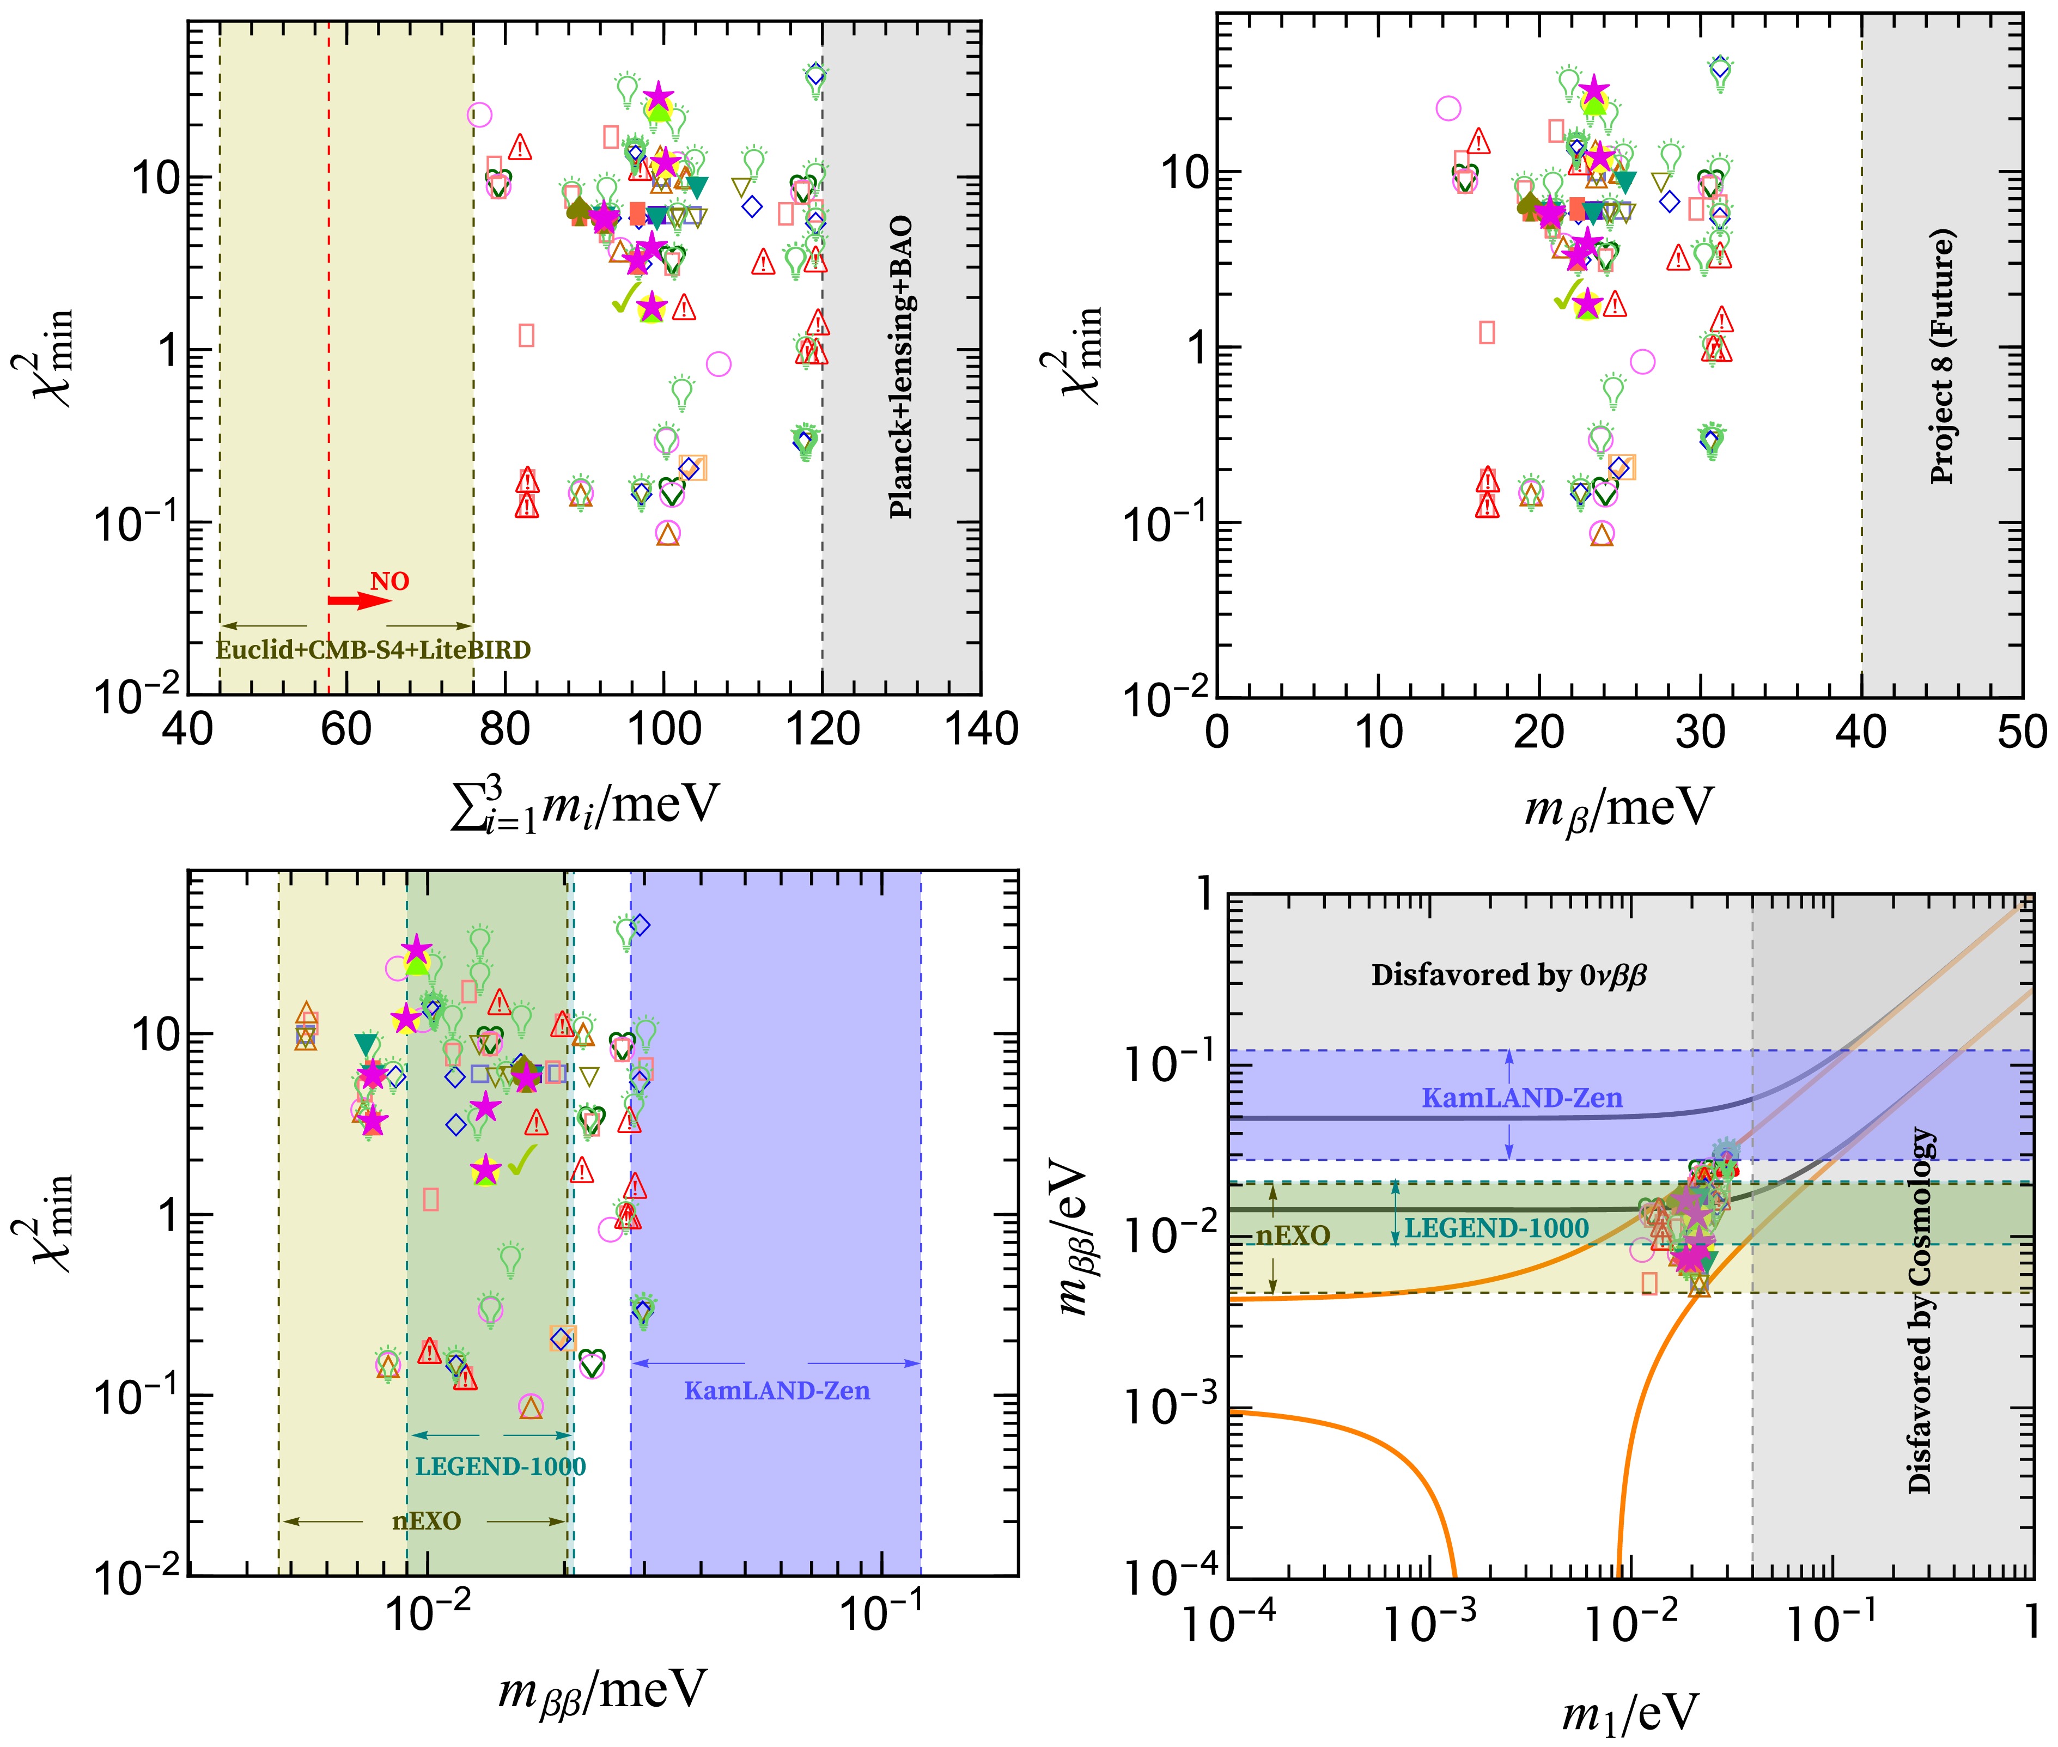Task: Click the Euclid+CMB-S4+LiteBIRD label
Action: [x=373, y=650]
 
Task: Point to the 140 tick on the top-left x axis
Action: [x=981, y=730]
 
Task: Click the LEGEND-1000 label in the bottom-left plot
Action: [x=500, y=1466]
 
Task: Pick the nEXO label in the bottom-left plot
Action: [x=426, y=1520]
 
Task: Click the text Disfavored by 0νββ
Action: [x=1508, y=976]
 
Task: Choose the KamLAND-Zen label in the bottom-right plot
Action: [x=1522, y=1097]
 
